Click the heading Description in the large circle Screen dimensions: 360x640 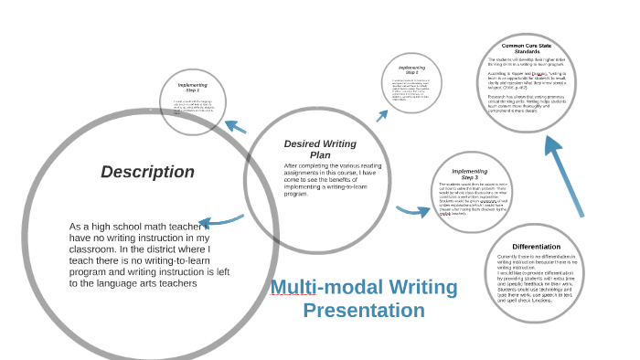pos(147,172)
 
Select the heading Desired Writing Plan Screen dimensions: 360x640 pos(320,149)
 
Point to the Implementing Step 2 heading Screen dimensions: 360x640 pos(411,69)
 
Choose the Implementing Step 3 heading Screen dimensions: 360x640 pos(469,174)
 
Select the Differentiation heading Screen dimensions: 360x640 pos(536,247)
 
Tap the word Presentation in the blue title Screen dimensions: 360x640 pos(364,311)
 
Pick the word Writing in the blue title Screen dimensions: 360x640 pos(411,287)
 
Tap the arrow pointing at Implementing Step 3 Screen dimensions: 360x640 pos(413,211)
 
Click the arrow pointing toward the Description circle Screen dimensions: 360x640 pos(219,220)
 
